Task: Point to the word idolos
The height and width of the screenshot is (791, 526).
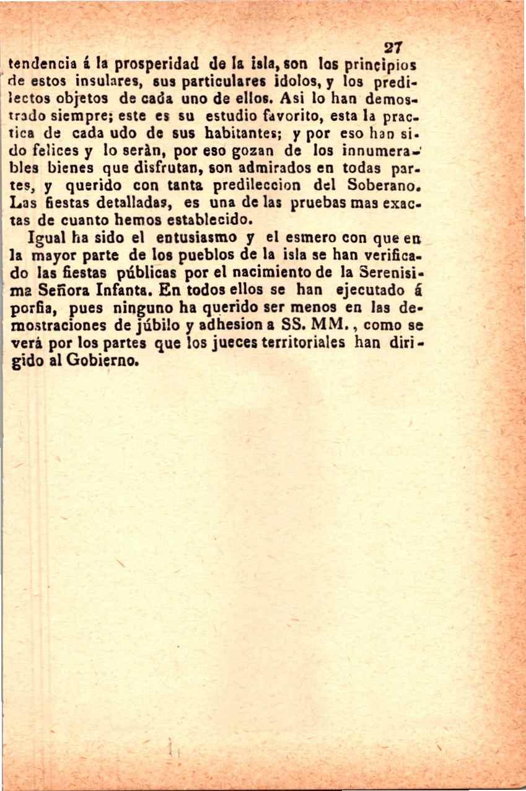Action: [297, 81]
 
